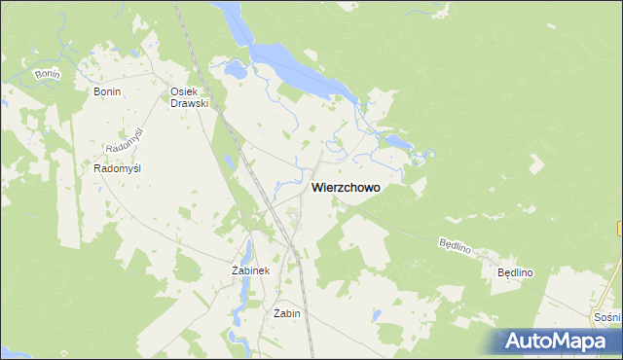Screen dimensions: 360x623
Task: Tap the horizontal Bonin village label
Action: tap(106, 90)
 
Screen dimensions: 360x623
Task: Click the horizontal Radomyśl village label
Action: tap(118, 168)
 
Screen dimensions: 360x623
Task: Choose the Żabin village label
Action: tap(286, 313)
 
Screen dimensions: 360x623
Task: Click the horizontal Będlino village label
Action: tap(517, 273)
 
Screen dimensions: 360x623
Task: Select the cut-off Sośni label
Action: tap(607, 318)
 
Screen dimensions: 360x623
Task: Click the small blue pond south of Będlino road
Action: tap(491, 341)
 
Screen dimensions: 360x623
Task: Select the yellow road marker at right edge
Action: tap(619, 228)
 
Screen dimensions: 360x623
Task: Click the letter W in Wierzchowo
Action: tap(316, 189)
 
